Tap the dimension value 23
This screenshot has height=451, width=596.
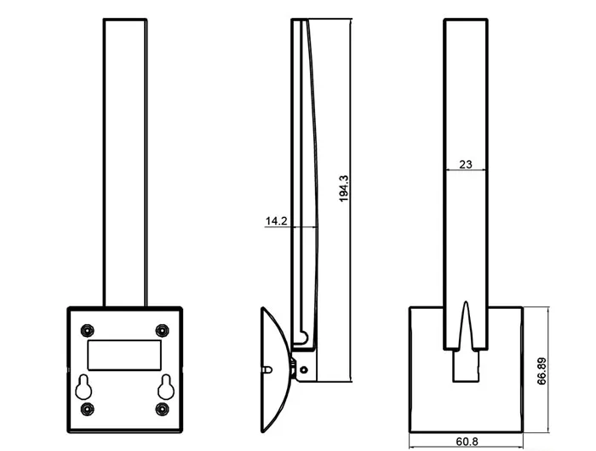click(466, 165)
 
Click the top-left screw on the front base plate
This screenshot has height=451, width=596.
click(86, 329)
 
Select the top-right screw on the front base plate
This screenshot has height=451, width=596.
click(163, 329)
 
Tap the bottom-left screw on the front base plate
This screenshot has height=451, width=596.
click(86, 409)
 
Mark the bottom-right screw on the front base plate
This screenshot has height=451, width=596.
click(163, 409)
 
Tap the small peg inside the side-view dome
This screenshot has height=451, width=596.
click(269, 370)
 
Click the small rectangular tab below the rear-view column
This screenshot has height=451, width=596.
click(465, 366)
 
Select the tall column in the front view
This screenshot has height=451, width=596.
click(125, 162)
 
